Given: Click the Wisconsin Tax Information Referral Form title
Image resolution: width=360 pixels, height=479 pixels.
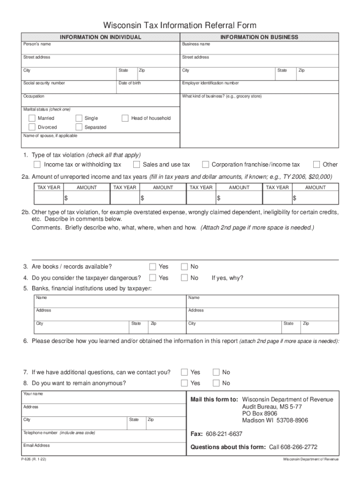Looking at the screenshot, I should tap(180, 25).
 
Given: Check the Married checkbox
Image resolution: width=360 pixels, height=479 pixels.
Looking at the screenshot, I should tap(32, 118).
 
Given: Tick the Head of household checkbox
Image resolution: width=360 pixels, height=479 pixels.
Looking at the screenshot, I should tap(125, 118).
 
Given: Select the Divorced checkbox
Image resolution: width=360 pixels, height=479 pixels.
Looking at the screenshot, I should tap(32, 127).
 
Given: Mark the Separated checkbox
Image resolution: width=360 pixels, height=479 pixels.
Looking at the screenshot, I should tap(79, 127).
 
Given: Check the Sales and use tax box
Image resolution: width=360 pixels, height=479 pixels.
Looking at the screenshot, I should tap(137, 165).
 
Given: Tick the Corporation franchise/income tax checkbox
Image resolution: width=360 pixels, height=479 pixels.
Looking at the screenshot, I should tap(205, 165).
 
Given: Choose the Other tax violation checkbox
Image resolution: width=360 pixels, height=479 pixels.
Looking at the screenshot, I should tap(317, 165).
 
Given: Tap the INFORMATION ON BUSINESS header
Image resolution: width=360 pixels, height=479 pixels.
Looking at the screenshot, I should tap(259, 37).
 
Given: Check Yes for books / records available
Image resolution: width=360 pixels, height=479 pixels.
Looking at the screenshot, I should tap(152, 267).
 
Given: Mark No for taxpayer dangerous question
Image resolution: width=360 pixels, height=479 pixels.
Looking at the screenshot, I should tap(184, 278).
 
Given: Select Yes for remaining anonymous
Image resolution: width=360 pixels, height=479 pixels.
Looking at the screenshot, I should tap(184, 383).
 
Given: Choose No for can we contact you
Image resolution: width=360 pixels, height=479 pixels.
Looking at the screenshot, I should tap(216, 372).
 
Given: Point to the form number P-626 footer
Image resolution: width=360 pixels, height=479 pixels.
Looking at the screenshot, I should tap(33, 459).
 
